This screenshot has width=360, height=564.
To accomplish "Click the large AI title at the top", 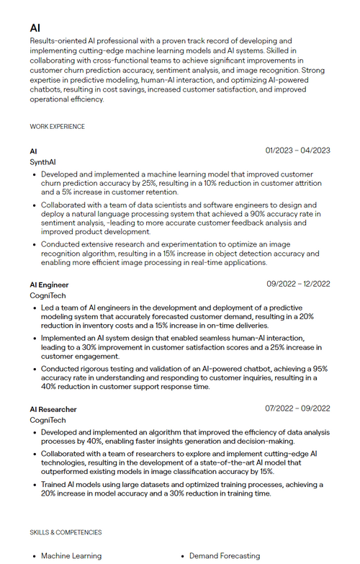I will point(35,27).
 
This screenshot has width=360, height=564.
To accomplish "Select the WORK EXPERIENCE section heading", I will point(57,127).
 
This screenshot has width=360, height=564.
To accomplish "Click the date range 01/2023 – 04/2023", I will point(297,151).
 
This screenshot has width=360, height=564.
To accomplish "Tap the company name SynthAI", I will point(42,163).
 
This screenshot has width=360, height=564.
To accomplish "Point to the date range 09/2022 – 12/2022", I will point(297,284).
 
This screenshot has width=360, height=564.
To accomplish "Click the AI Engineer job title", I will point(49,285).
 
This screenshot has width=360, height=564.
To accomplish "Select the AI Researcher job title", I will point(53,409).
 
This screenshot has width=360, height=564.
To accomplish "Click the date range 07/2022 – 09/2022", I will point(297,408).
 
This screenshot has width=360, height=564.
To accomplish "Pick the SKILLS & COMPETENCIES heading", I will point(66,532).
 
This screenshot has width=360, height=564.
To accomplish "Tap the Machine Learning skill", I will point(71,556).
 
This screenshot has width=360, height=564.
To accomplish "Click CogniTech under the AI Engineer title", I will point(48,296).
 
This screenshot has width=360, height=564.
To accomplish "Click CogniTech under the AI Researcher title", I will point(48,420).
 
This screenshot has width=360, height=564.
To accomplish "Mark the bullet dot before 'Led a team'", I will point(35,308).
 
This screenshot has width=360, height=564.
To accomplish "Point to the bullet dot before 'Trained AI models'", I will point(35,485).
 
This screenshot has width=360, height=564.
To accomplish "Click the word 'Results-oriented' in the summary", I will point(56,41).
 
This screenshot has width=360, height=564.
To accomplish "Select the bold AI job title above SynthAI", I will point(33,151).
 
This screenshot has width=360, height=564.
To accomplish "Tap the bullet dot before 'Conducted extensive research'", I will point(35,244).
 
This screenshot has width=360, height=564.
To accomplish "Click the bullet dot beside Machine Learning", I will point(35,556).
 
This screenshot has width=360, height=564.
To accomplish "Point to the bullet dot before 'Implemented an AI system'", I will point(35,339).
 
